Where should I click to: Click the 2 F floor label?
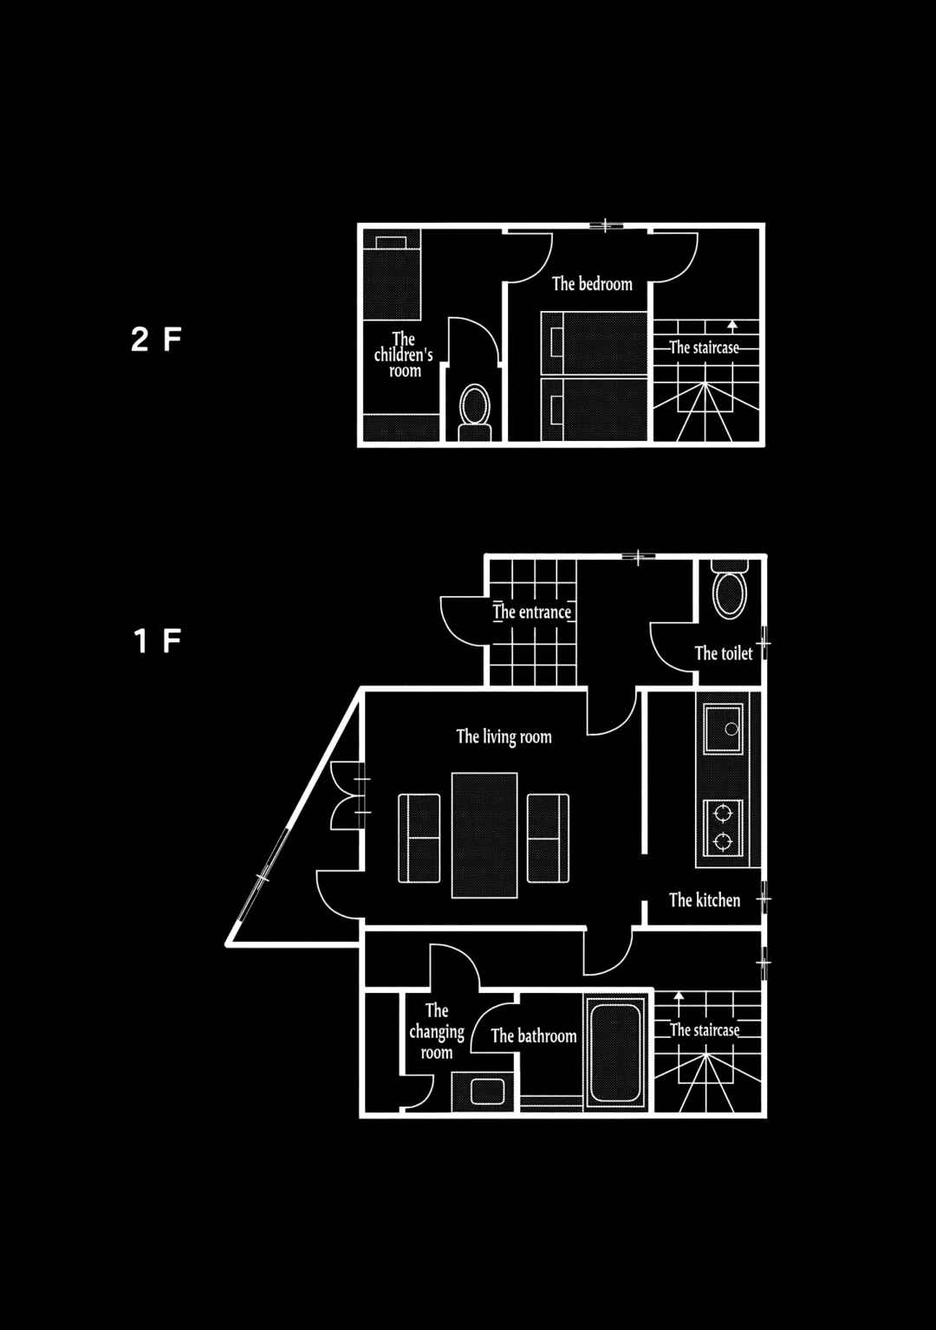click(x=156, y=340)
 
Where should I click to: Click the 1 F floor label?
click(x=157, y=641)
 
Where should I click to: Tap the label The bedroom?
click(x=592, y=284)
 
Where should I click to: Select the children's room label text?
click(x=404, y=355)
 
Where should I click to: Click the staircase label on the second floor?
click(x=705, y=347)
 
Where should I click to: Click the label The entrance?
click(x=532, y=612)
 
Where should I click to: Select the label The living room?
click(x=504, y=736)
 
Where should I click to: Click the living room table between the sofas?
click(x=484, y=835)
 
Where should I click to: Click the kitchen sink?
click(x=723, y=730)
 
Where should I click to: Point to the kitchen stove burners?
click(x=723, y=827)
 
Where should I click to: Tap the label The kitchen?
click(x=705, y=900)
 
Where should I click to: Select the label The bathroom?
click(x=534, y=1036)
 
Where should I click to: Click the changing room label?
click(x=437, y=1032)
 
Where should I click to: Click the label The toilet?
click(x=724, y=653)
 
